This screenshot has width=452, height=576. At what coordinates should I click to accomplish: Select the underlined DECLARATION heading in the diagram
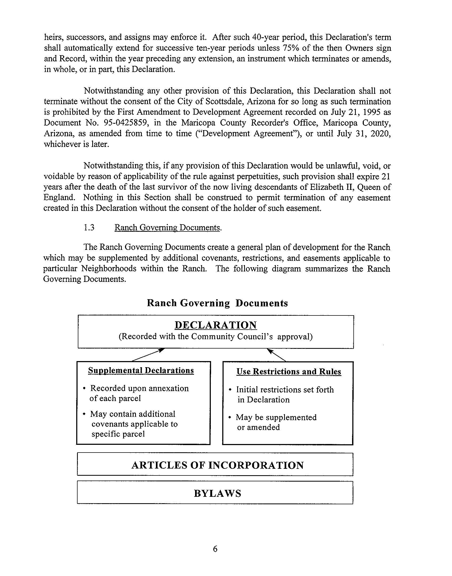click(216, 325)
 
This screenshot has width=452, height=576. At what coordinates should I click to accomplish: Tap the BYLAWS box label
click(217, 493)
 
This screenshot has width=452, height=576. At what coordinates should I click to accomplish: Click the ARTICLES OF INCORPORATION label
click(217, 465)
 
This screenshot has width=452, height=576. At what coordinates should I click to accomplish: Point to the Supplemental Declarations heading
click(141, 370)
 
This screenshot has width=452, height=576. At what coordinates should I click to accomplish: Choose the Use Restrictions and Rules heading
click(289, 371)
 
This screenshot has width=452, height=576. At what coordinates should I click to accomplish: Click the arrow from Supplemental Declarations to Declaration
click(148, 355)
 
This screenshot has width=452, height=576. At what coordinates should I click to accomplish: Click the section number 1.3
click(89, 227)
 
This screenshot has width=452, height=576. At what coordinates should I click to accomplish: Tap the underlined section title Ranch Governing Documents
click(167, 227)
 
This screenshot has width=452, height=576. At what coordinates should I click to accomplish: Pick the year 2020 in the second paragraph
click(381, 133)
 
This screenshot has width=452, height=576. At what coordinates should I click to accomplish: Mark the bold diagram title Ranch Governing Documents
click(217, 303)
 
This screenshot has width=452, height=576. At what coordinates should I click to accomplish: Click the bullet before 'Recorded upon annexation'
click(84, 389)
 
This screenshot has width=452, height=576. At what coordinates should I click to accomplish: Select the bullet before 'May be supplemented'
click(230, 418)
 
